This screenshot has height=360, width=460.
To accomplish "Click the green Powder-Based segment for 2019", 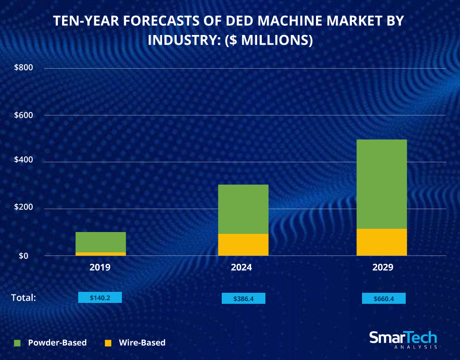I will pyautogui.click(x=100, y=242).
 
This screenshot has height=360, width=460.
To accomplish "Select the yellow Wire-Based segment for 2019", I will pyautogui.click(x=100, y=254).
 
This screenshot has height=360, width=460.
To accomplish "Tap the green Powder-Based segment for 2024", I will pyautogui.click(x=243, y=209).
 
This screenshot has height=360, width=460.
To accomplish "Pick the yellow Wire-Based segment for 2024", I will pyautogui.click(x=243, y=244).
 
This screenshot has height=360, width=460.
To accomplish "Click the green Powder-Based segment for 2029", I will pyautogui.click(x=381, y=184).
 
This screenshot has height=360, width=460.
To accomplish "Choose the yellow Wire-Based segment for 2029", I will pyautogui.click(x=381, y=242).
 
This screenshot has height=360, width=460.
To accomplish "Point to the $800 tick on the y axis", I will pyautogui.click(x=23, y=68).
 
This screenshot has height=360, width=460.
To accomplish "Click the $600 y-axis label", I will pyautogui.click(x=23, y=115).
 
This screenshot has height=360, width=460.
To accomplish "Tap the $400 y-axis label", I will pyautogui.click(x=23, y=162).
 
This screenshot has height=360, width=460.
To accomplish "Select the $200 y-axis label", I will pyautogui.click(x=23, y=209).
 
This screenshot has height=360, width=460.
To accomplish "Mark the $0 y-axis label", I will pyautogui.click(x=28, y=255).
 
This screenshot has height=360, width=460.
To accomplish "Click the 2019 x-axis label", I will pyautogui.click(x=100, y=267).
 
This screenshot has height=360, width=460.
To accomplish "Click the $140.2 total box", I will pyautogui.click(x=100, y=297).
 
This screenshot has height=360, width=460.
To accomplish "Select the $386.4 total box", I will pyautogui.click(x=243, y=298).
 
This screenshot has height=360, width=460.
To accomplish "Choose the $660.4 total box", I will pyautogui.click(x=384, y=298).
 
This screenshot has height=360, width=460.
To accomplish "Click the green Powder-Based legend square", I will pyautogui.click(x=17, y=343).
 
